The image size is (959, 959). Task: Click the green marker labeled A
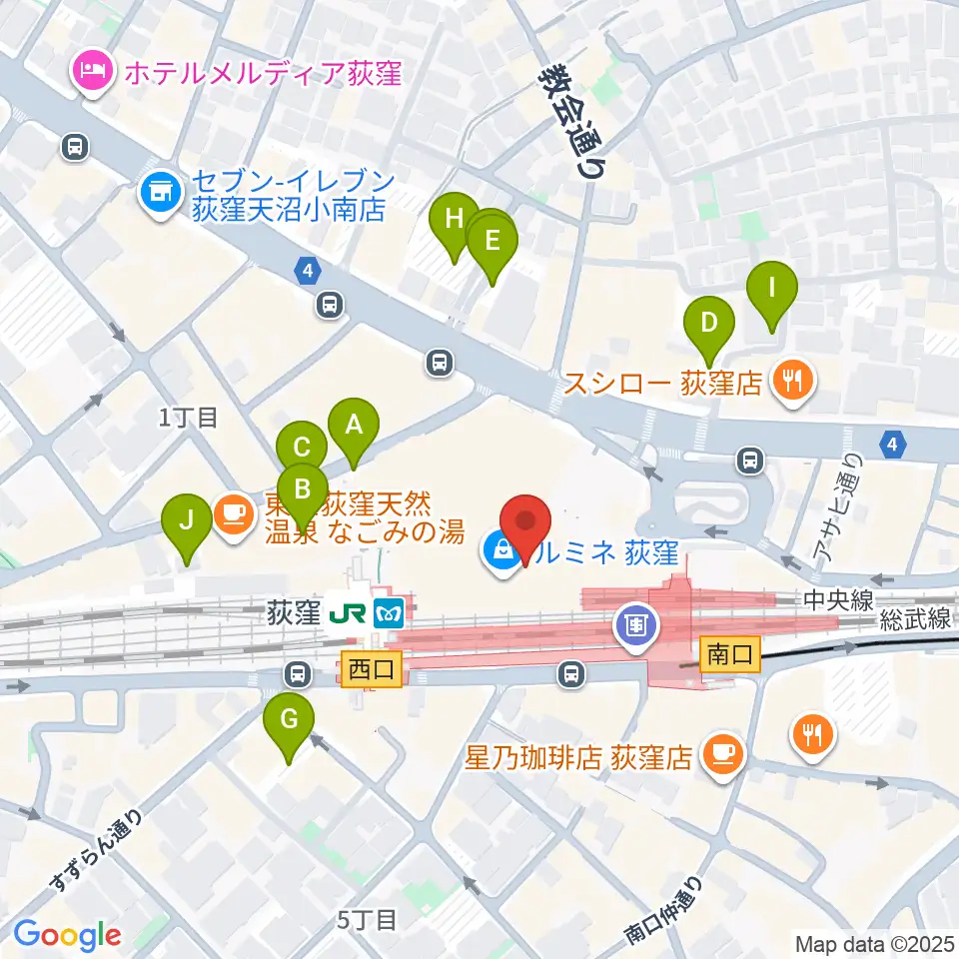[353, 427]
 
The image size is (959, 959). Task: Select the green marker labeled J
[186, 522]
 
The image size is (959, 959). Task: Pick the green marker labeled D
[708, 326]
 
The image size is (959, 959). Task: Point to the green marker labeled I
[772, 290]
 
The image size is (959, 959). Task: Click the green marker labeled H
[454, 221]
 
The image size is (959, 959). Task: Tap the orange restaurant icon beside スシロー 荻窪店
[792, 380]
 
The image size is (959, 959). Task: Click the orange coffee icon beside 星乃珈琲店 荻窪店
[721, 753]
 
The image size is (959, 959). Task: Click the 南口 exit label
[730, 654]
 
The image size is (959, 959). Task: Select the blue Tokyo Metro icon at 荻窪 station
[387, 610]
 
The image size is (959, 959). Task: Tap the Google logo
[66, 934]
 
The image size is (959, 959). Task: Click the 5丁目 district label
[368, 919]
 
